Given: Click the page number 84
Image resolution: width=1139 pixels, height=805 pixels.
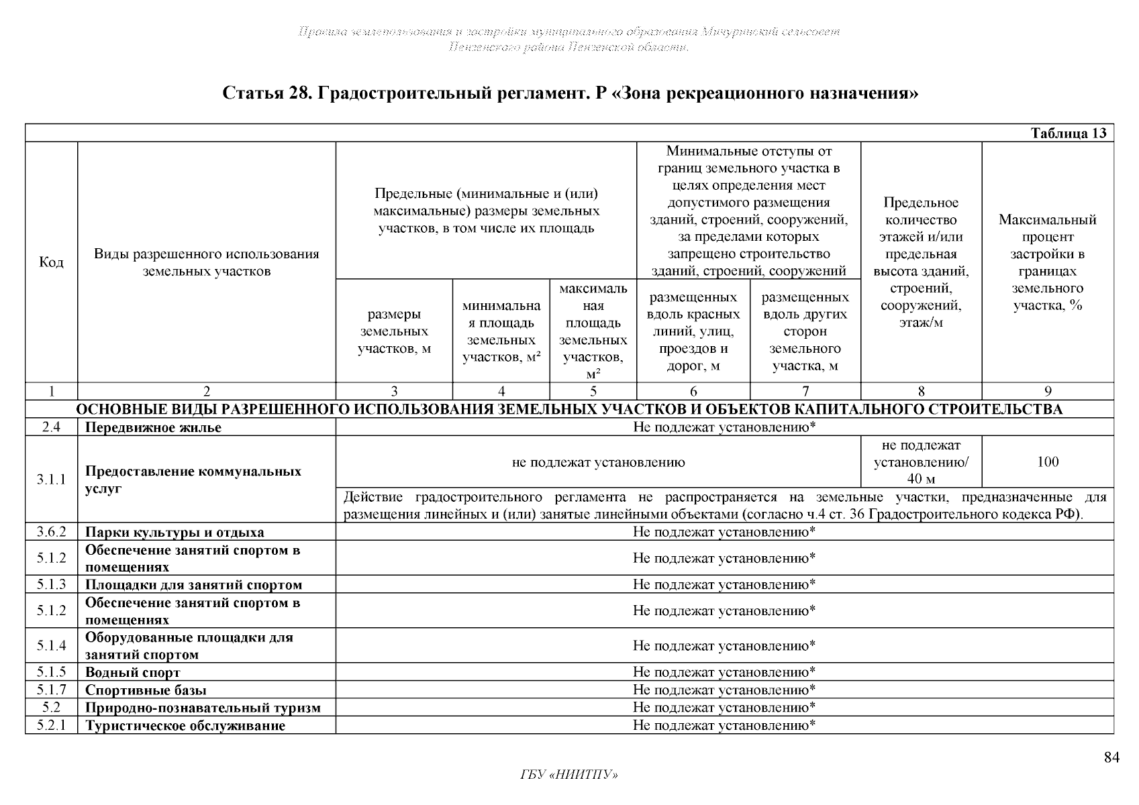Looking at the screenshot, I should (1111, 758).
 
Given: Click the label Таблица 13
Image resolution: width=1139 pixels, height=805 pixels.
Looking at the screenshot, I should (1068, 133).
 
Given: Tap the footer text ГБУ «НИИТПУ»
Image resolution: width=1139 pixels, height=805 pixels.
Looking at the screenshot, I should (568, 775).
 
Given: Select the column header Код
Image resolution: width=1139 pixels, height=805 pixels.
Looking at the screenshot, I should (52, 262).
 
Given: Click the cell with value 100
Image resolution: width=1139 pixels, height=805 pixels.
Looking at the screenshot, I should (1047, 462).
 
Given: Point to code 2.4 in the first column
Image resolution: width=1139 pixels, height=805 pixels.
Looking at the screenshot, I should (52, 427).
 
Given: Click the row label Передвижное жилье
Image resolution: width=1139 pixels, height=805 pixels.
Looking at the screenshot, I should (153, 427).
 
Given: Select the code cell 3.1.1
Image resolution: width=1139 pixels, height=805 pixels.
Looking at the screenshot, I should (52, 480).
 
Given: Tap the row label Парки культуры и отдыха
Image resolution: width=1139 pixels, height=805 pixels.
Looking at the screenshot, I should (175, 533).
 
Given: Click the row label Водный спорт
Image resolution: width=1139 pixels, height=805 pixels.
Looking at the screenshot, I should (133, 672).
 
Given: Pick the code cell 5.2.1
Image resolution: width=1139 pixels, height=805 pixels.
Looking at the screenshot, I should (52, 725).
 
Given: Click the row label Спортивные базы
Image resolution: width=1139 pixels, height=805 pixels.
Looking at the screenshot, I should (146, 690).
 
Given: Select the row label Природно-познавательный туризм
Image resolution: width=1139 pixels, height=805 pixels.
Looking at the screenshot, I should (203, 708).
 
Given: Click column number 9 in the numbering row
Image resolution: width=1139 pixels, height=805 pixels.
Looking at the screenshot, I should (1048, 392).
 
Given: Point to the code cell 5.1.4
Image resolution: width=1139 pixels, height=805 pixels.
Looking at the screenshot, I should (52, 645).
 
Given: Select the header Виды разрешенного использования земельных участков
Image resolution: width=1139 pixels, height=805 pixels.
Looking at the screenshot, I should (207, 262).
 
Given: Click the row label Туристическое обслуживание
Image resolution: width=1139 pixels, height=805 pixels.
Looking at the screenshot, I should (185, 726).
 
